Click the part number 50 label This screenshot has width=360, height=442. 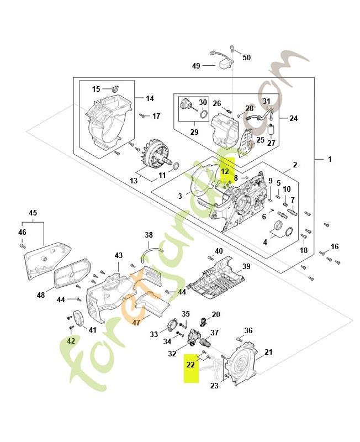(246, 57)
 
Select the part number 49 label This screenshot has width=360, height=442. (196, 66)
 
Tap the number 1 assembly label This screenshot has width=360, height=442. (330, 159)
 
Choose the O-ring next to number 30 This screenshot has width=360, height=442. (203, 114)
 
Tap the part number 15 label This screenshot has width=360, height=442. (96, 89)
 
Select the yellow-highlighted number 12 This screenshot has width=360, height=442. (225, 171)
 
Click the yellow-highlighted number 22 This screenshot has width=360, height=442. (190, 364)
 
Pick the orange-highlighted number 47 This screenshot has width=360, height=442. (137, 322)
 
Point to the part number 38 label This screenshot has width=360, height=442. (149, 235)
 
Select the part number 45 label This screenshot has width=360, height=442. (33, 213)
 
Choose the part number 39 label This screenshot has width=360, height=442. (246, 266)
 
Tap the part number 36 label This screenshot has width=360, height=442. (248, 330)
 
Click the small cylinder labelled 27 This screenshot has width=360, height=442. (271, 130)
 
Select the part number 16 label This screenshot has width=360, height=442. (335, 246)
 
